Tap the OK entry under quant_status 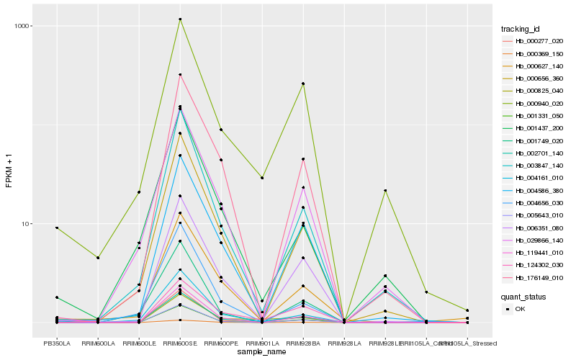tap(521, 309)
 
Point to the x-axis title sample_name tap(262, 351)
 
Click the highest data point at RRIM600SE tap(180, 19)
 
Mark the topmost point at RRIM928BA tap(303, 84)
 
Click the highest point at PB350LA tap(57, 228)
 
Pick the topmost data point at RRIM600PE tap(221, 130)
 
